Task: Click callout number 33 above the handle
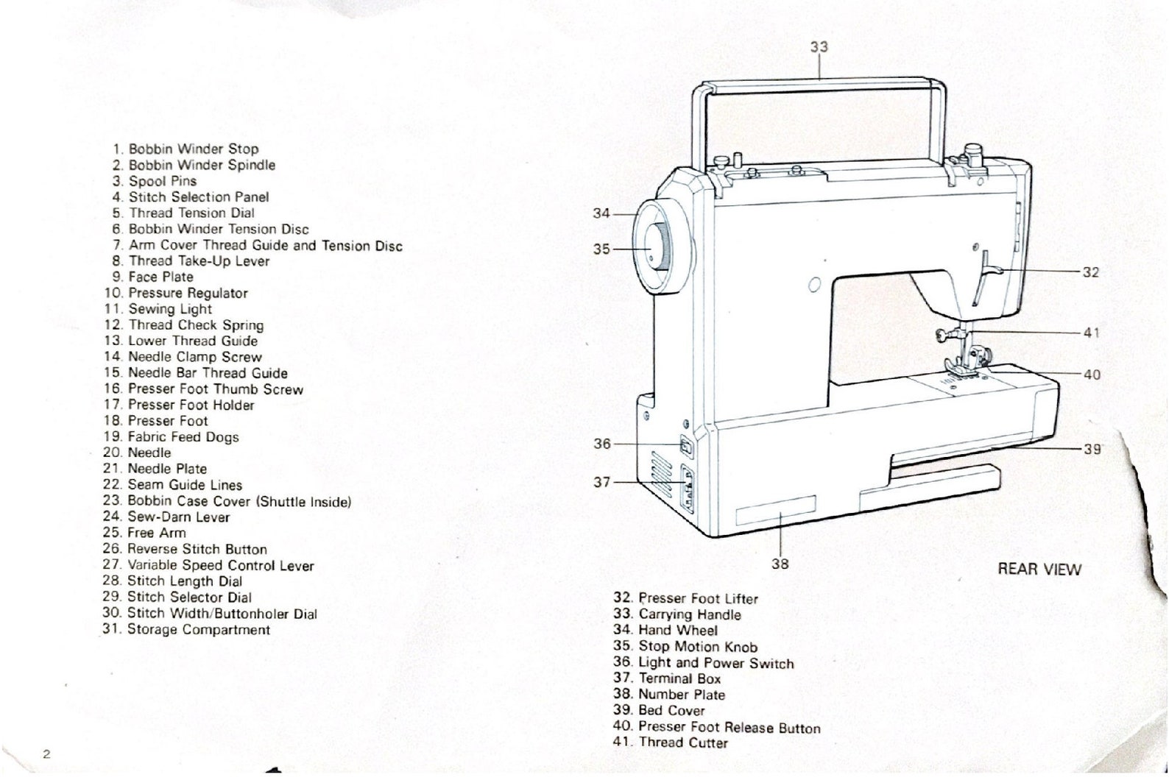(x=819, y=47)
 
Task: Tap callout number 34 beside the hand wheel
(x=601, y=213)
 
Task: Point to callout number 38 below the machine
(x=780, y=564)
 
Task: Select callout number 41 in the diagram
(x=1091, y=333)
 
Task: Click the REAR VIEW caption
(x=1039, y=569)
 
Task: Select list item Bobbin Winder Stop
(x=193, y=149)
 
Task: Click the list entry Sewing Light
(x=169, y=309)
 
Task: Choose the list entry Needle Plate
(x=166, y=469)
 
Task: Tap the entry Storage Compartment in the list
(x=198, y=630)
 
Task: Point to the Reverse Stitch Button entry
(x=197, y=550)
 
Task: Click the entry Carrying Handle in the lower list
(x=689, y=614)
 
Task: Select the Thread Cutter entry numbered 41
(x=682, y=742)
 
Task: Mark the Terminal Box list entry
(x=679, y=678)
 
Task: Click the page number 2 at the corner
(x=46, y=754)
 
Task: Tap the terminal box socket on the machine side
(x=686, y=486)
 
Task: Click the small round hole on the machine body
(x=814, y=285)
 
